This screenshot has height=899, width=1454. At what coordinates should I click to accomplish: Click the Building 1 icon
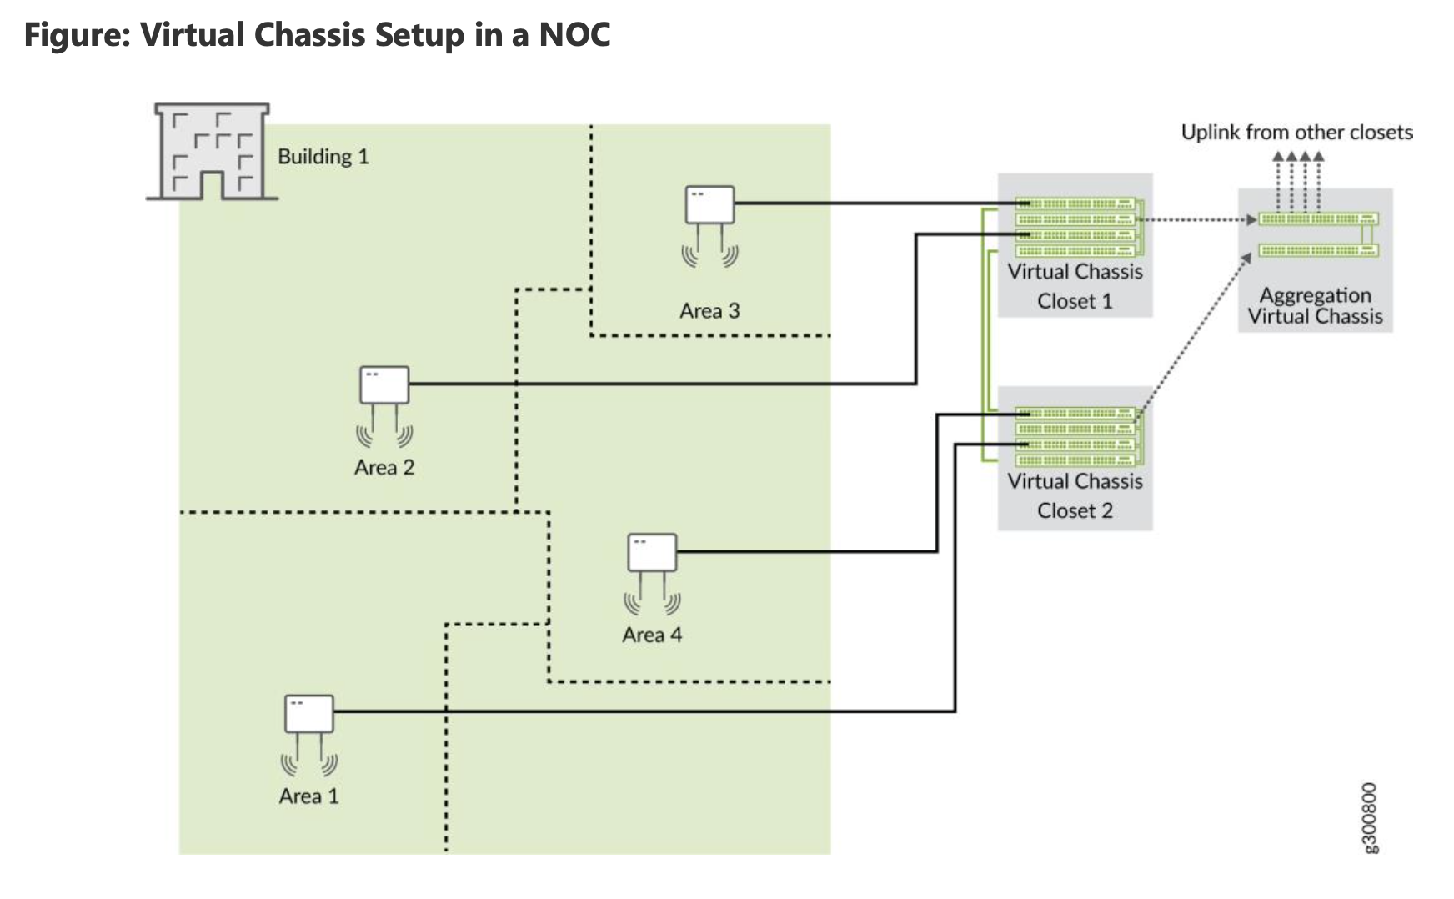212,152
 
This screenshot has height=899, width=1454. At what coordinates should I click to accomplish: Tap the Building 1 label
323,157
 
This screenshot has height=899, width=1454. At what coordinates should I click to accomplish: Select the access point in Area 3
709,205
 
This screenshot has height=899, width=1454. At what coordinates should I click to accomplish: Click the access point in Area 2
384,385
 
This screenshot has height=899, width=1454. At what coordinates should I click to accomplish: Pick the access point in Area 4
652,553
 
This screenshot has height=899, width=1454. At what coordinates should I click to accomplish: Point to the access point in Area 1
309,714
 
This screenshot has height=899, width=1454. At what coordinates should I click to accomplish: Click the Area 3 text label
709,311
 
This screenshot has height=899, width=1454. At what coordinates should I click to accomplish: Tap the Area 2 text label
384,467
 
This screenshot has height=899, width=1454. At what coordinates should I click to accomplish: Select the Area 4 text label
652,635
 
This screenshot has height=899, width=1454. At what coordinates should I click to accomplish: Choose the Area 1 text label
309,796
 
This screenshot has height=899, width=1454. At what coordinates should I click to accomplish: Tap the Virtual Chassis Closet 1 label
1075,286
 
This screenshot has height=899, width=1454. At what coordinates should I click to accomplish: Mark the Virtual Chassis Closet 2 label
1075,495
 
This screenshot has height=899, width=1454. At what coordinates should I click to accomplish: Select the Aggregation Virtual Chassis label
1315,305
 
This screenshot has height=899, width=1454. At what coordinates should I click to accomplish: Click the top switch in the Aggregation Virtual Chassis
1317,219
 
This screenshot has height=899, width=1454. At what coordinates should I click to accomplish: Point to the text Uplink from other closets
1296,133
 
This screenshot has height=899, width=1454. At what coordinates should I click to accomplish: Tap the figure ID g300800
1370,817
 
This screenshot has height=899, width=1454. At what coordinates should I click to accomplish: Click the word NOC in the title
574,35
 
